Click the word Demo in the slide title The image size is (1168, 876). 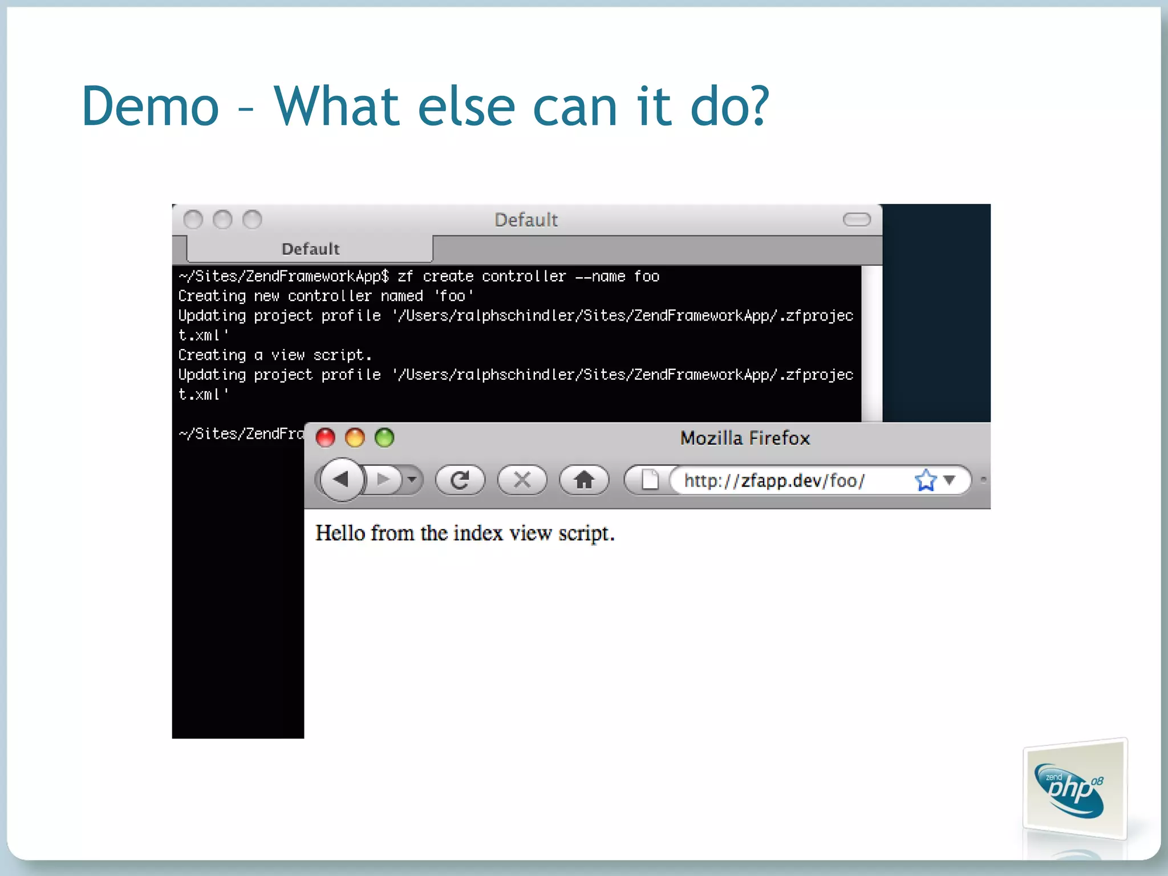click(151, 106)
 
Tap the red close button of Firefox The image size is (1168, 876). click(326, 438)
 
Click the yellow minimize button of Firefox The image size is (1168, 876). click(355, 438)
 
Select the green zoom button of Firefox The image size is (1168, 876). click(384, 438)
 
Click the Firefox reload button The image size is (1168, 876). click(460, 480)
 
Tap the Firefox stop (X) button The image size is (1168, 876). click(522, 480)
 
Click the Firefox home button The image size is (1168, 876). click(584, 480)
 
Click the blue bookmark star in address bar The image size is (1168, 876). click(925, 480)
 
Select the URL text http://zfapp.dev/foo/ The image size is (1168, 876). click(774, 481)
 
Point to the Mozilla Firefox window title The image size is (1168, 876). click(745, 438)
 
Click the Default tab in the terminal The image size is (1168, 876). click(310, 249)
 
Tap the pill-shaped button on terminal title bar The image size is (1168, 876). click(857, 220)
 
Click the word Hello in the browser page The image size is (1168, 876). click(340, 533)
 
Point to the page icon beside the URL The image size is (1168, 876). click(650, 480)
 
